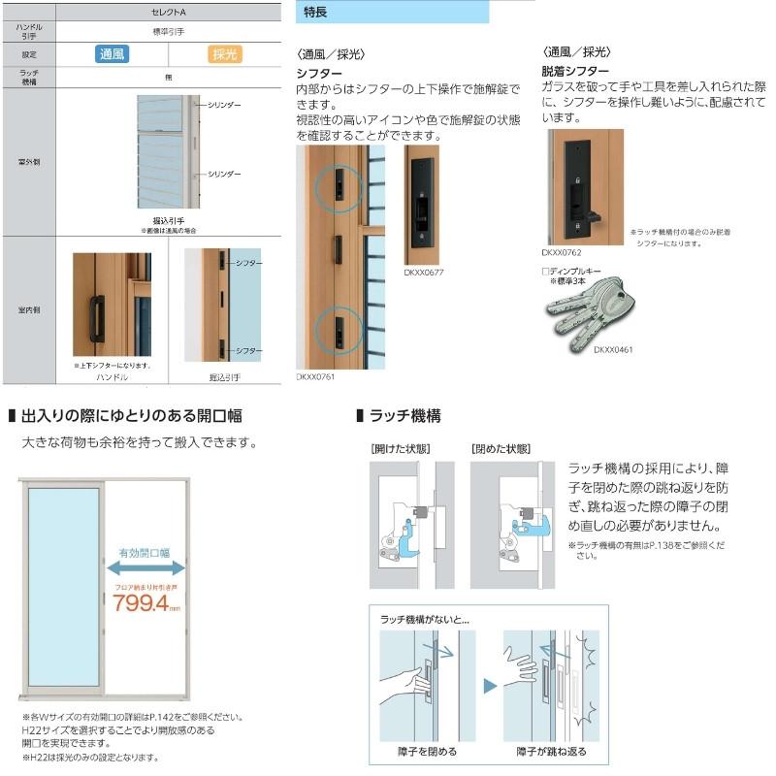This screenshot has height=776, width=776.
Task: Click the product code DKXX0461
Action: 613,349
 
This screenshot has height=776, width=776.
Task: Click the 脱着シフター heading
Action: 575,71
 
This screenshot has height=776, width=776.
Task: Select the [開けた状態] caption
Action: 401,449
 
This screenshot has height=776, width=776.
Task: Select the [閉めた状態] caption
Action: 501,449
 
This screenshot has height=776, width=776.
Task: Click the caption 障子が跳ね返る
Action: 549,752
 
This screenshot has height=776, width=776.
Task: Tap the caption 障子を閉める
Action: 427,752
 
